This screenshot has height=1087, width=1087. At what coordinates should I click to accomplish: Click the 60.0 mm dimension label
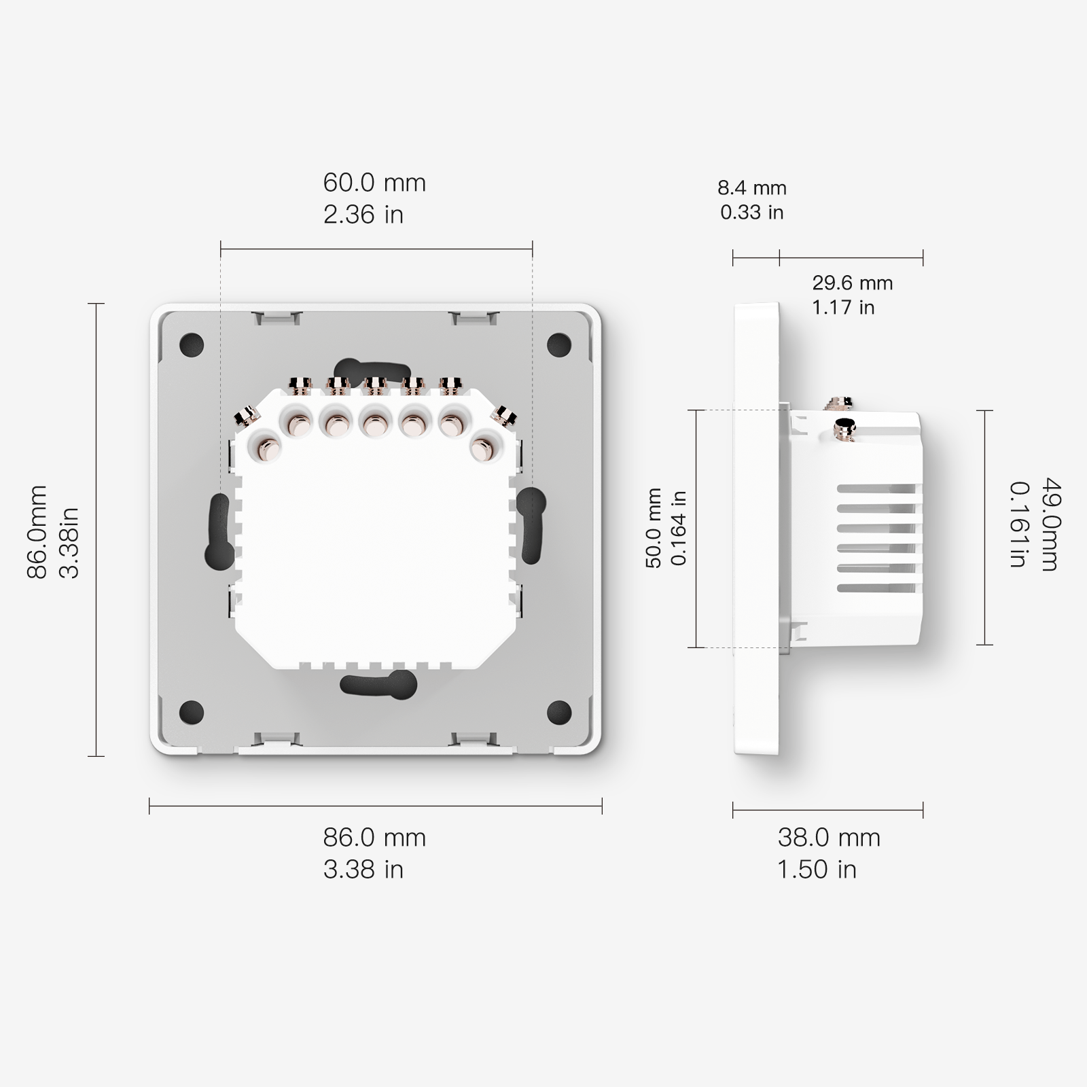point(374,183)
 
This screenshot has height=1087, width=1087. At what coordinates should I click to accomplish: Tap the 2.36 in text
point(363,215)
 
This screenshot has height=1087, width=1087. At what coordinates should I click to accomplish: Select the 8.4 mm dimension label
point(752,188)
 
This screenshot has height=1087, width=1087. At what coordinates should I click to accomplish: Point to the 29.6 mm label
point(853,283)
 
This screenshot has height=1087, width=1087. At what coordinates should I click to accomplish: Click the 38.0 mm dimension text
point(829,838)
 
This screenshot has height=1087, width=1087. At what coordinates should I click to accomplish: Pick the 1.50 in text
point(817,870)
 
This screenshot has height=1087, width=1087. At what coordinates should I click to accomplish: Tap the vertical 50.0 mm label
point(654,528)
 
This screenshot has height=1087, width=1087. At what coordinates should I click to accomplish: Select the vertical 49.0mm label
point(1050,524)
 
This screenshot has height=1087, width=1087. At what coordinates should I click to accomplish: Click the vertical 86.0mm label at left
point(37,531)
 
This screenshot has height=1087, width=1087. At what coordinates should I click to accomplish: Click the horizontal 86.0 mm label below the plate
point(374,838)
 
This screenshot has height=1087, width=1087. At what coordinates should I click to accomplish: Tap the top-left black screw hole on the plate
point(192,344)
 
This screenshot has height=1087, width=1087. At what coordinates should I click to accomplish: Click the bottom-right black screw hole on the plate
point(559,711)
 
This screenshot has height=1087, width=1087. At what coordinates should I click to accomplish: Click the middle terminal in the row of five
point(373,426)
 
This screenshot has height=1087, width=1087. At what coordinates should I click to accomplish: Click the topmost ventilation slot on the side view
point(878,488)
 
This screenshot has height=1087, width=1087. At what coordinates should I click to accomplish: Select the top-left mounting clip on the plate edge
point(276,316)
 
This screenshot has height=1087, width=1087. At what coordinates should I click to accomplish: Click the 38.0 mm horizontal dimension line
point(827,810)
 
